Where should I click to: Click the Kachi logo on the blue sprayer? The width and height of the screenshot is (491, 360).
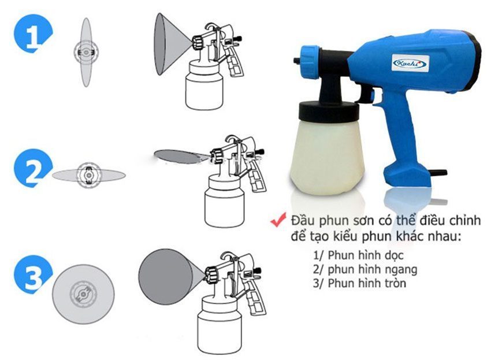(410, 62)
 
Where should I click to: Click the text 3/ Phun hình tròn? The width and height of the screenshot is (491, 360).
(359, 283)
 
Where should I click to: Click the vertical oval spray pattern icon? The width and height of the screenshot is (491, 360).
(86, 53)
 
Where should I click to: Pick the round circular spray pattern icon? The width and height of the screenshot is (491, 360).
(83, 293)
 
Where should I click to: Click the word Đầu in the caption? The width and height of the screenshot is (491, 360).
(301, 221)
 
